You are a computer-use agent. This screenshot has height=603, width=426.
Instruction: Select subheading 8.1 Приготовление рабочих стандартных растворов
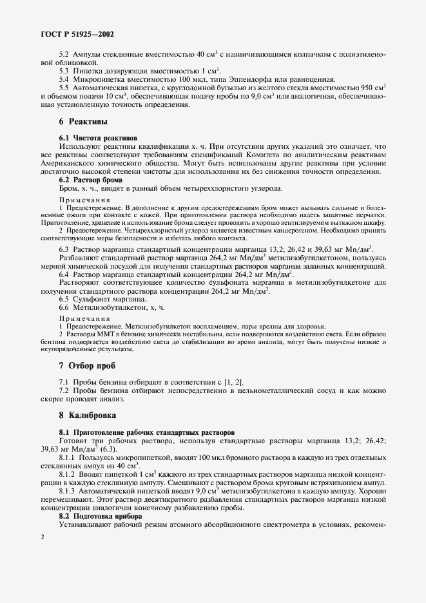point(138,431)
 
